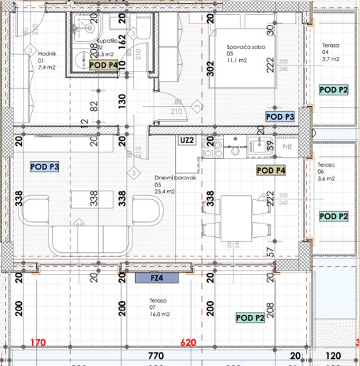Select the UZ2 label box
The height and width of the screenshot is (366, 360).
(x=187, y=141)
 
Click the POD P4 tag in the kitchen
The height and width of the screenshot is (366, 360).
(x=271, y=171)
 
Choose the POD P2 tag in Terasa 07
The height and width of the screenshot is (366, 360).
(x=250, y=318)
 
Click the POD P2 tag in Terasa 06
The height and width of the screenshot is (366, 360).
(x=334, y=216)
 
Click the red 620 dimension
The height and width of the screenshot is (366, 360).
(x=187, y=343)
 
